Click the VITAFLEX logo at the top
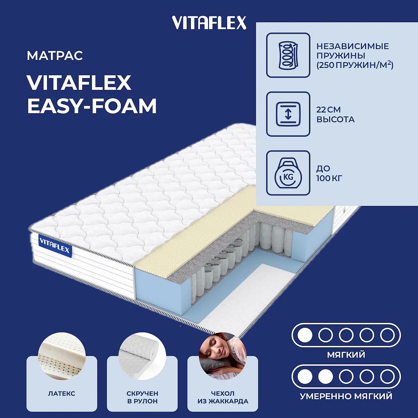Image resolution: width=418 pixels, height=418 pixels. [x=209, y=23]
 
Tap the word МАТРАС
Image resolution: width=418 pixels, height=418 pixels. [x=55, y=55]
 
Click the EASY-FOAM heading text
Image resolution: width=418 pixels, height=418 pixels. [x=92, y=106]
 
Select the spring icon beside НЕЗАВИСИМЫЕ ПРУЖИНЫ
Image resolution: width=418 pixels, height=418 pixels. [x=288, y=55]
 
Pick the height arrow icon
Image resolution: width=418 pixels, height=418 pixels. [x=288, y=114]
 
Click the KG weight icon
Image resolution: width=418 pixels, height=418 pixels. [x=288, y=173]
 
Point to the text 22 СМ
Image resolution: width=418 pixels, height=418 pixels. [x=328, y=110]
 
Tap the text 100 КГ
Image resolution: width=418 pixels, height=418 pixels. [x=329, y=178]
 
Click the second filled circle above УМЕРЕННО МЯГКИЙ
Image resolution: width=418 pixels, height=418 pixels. [x=326, y=377]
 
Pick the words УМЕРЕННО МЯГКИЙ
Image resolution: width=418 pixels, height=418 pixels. [x=346, y=396]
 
